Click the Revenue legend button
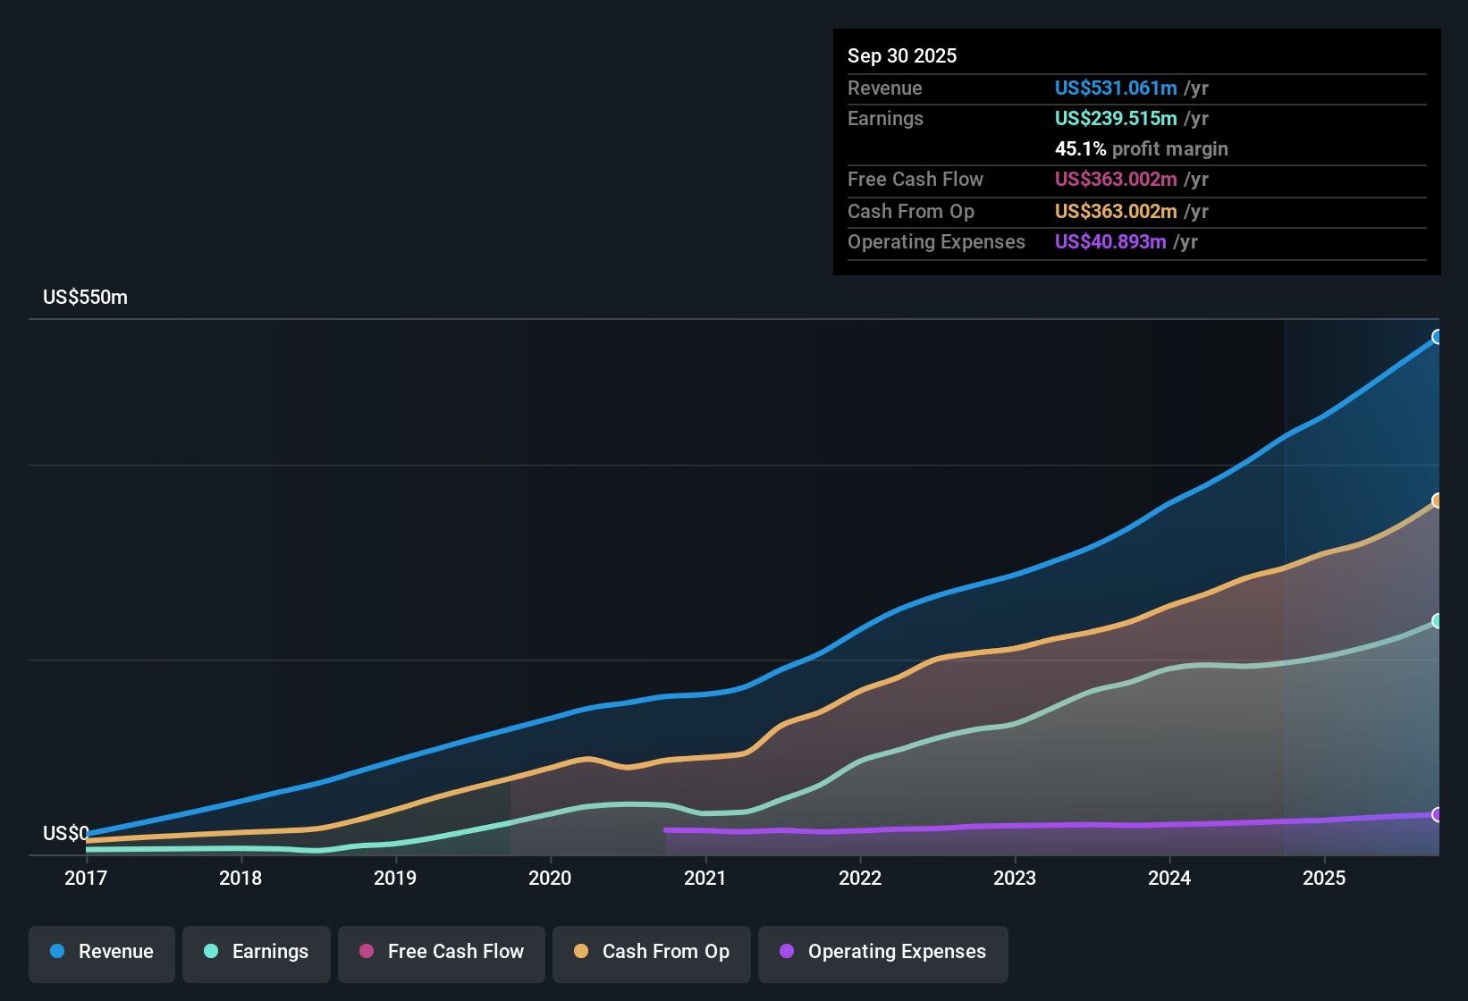pyautogui.click(x=102, y=952)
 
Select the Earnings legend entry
pyautogui.click(x=257, y=952)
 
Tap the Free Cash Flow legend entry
pyautogui.click(x=442, y=952)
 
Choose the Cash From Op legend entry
pyautogui.click(x=652, y=952)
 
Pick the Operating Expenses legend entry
pyautogui.click(x=883, y=952)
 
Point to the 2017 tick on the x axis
pyautogui.click(x=86, y=878)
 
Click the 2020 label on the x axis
pyautogui.click(x=550, y=878)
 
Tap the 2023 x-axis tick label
pyautogui.click(x=1015, y=878)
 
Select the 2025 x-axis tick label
pyautogui.click(x=1324, y=878)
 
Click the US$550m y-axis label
pyautogui.click(x=85, y=298)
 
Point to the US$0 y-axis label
pyautogui.click(x=65, y=834)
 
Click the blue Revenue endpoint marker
pyautogui.click(x=1438, y=337)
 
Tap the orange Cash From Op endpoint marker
pyautogui.click(x=1438, y=500)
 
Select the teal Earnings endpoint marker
pyautogui.click(x=1438, y=621)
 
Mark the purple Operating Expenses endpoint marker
pyautogui.click(x=1438, y=815)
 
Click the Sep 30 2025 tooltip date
pyautogui.click(x=901, y=55)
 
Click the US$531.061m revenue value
pyautogui.click(x=1116, y=88)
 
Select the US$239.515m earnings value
pyautogui.click(x=1116, y=118)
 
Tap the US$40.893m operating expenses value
pyautogui.click(x=1110, y=241)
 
